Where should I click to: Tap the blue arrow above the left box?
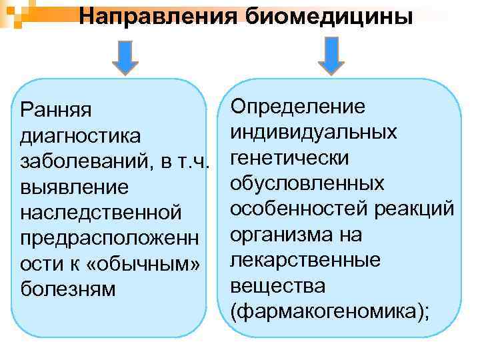[x=125, y=56]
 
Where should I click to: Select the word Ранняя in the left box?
[x=57, y=109]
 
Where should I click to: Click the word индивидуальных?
[x=313, y=132]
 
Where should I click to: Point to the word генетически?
[x=289, y=158]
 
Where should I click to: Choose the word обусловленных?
[x=307, y=183]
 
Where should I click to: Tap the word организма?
[x=277, y=235]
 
